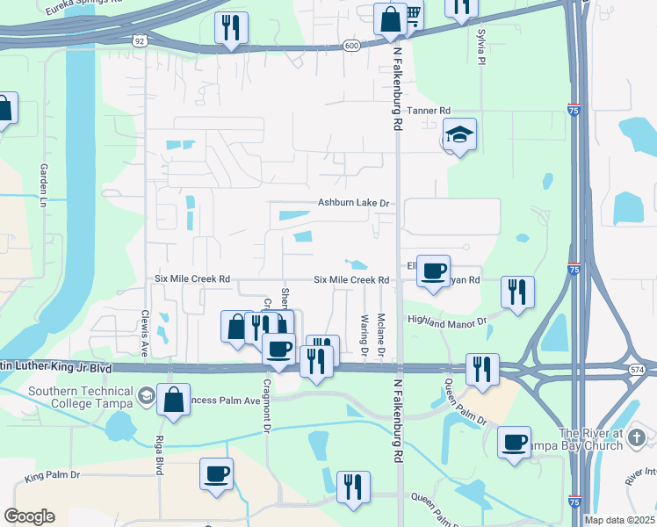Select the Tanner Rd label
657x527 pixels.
(x=430, y=111)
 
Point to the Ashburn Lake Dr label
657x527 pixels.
(x=353, y=203)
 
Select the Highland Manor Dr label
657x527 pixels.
(x=446, y=322)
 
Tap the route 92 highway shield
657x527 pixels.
(x=141, y=40)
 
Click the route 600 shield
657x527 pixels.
(x=351, y=46)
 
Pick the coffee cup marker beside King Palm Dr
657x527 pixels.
(x=216, y=474)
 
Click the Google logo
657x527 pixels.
(x=29, y=516)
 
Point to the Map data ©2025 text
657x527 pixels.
(x=619, y=520)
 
